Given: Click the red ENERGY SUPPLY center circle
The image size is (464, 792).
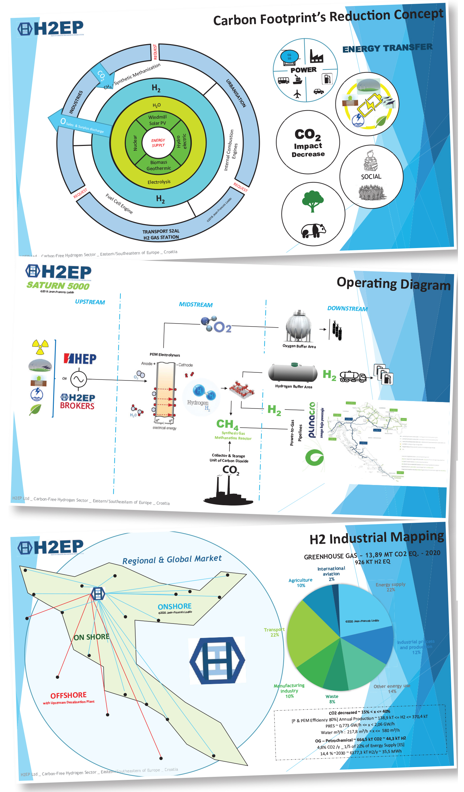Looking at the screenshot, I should click(x=158, y=143).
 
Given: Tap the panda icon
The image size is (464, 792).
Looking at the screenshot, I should click(x=313, y=231).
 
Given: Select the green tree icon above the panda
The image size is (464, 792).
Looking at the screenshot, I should click(x=313, y=201).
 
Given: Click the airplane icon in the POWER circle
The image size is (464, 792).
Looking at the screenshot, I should click(x=297, y=94).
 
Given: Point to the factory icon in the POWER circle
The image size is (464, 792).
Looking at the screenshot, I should click(x=316, y=56).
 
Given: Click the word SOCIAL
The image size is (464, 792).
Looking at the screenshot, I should click(x=371, y=177).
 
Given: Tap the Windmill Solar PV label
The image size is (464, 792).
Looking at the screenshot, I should click(x=157, y=120).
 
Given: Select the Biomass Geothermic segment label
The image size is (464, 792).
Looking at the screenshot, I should click(x=158, y=165).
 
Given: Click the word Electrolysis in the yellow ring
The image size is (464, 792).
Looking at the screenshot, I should click(x=159, y=182).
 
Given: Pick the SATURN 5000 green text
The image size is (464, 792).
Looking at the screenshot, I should click(x=58, y=286).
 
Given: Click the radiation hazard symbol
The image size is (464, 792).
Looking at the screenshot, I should click(x=40, y=347).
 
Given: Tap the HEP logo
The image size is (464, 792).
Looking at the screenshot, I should click(x=80, y=359).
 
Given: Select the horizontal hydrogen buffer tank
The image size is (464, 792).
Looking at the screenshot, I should click(x=293, y=373).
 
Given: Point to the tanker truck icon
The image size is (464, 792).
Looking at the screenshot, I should click(x=353, y=377).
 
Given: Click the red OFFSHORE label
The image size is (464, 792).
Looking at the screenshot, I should click(x=69, y=695).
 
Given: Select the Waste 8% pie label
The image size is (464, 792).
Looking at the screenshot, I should click(x=332, y=699).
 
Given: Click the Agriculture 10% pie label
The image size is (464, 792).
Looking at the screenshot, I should click(x=300, y=583).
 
